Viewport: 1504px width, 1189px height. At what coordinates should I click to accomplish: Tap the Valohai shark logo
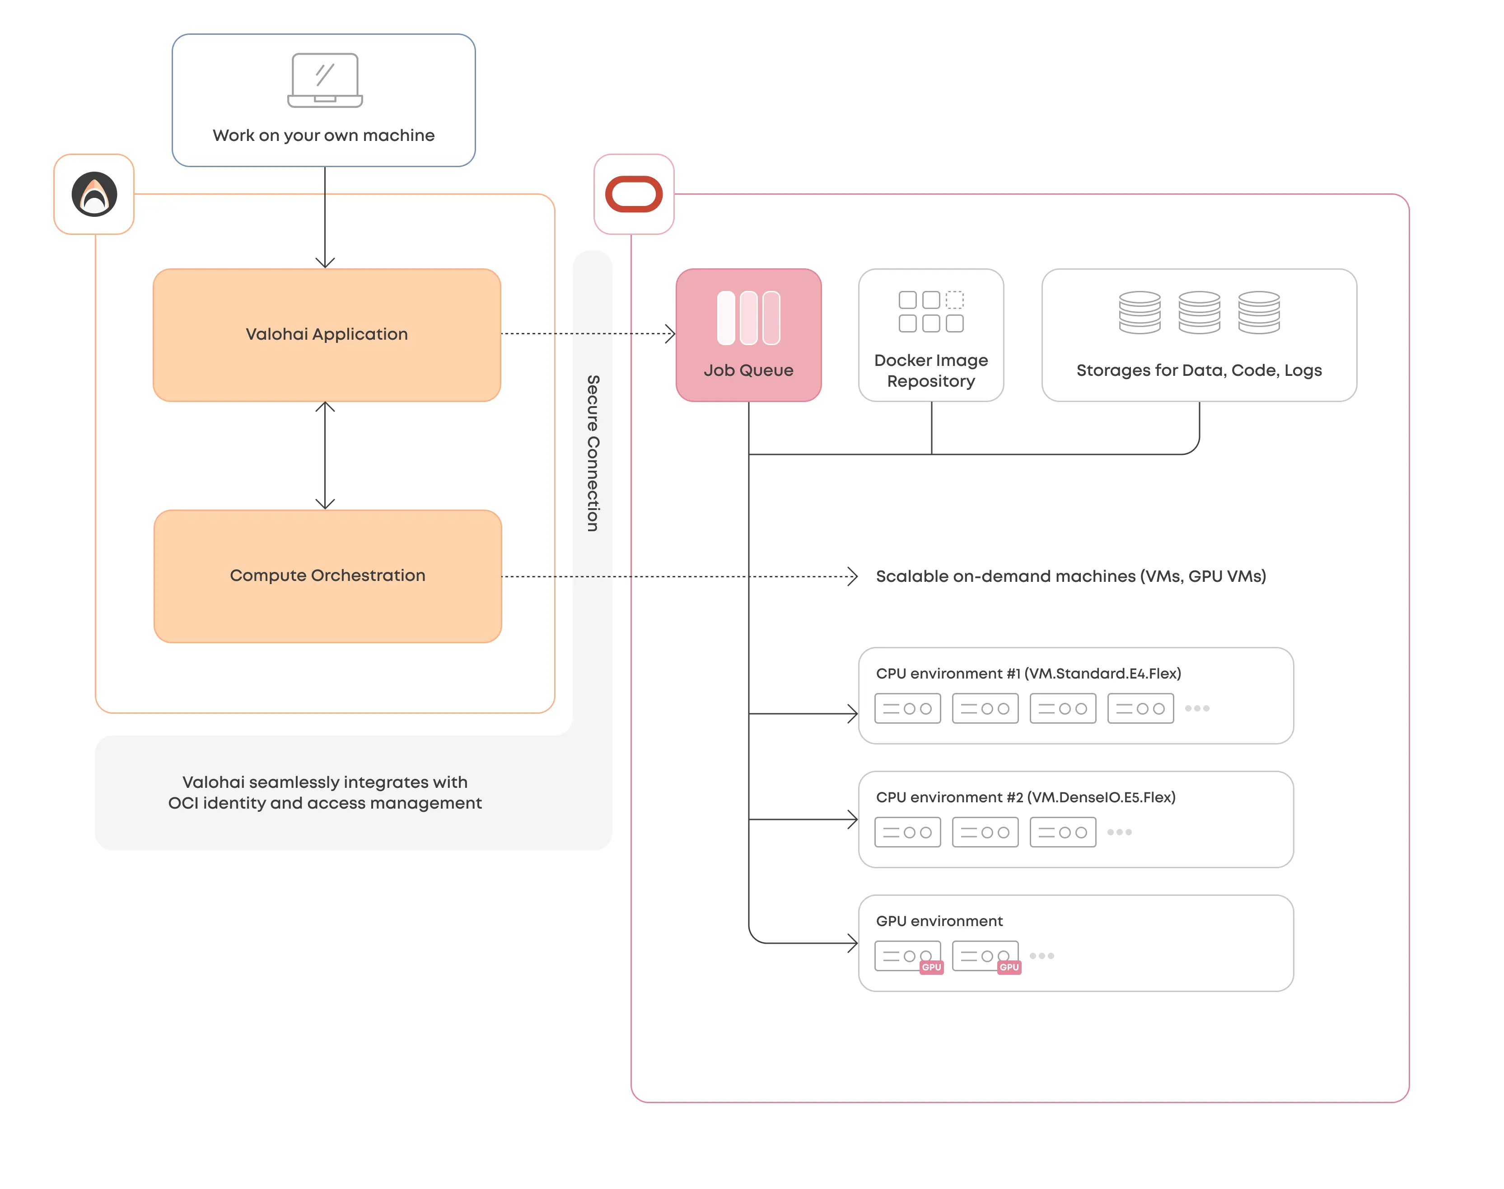[x=94, y=194]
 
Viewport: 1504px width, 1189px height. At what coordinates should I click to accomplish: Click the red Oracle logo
[x=633, y=194]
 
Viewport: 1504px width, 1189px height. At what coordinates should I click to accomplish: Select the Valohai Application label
[x=327, y=334]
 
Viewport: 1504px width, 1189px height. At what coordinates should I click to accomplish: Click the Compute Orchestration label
[x=327, y=576]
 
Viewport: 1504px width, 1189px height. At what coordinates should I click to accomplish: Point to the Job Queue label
[x=748, y=370]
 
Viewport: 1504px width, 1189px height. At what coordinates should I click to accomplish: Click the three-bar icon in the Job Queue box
[x=748, y=318]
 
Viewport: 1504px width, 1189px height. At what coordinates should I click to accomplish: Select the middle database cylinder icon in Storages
[x=1199, y=313]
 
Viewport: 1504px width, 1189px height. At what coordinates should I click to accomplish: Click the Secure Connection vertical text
[x=592, y=453]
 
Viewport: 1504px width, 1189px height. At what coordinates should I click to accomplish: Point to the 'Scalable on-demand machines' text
[x=1070, y=576]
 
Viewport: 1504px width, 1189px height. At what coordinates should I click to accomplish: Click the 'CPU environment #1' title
[x=1028, y=673]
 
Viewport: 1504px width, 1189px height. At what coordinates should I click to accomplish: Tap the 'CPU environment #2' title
[x=1025, y=797]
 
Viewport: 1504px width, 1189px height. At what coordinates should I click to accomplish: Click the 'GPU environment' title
[x=939, y=921]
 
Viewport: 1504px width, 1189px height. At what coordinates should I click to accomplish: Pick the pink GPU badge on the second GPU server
[x=1009, y=967]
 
